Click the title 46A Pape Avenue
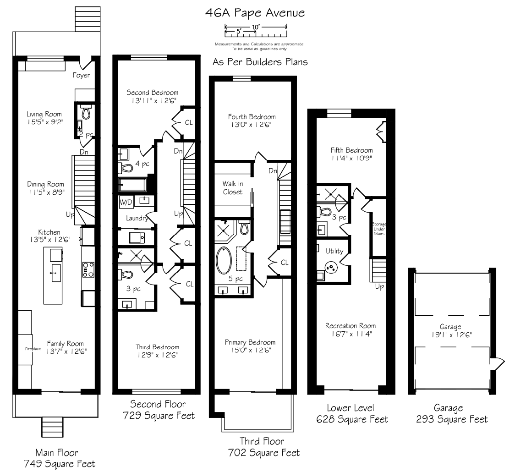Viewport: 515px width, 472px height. (x=255, y=13)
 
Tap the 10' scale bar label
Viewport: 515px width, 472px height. (x=256, y=27)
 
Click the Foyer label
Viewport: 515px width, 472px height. (x=81, y=75)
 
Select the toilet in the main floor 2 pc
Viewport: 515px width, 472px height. (x=86, y=112)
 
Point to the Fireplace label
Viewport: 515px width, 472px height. (x=33, y=349)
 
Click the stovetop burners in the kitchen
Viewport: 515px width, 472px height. (x=88, y=269)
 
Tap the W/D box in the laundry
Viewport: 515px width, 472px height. (x=126, y=202)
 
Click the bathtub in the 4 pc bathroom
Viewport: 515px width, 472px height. (x=133, y=185)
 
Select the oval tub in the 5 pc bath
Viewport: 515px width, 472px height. (x=224, y=260)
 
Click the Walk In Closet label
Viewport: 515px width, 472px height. (x=233, y=188)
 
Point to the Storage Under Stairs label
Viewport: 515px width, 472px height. (x=379, y=229)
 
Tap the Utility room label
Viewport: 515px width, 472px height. (x=334, y=251)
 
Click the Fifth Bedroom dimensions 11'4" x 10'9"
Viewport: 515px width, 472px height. (x=351, y=158)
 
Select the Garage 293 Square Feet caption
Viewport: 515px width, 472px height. (x=452, y=414)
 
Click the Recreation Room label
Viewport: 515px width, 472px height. (x=351, y=326)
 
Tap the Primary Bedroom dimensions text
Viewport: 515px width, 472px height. (x=251, y=350)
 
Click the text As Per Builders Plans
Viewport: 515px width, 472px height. (x=260, y=62)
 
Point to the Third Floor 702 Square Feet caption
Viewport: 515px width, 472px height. (x=264, y=447)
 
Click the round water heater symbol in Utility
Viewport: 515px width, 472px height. (x=331, y=267)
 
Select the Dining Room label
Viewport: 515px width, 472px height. (x=45, y=184)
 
